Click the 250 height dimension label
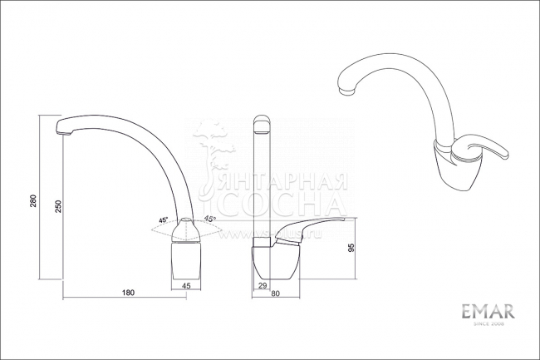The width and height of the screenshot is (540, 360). (57, 208)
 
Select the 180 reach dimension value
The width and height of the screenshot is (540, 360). (129, 293)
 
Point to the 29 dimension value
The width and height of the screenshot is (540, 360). (263, 286)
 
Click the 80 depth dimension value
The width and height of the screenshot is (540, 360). (275, 293)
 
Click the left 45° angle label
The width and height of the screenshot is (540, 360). (163, 220)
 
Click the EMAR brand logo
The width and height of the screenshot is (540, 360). (488, 311)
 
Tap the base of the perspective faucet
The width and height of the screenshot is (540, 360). (453, 170)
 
